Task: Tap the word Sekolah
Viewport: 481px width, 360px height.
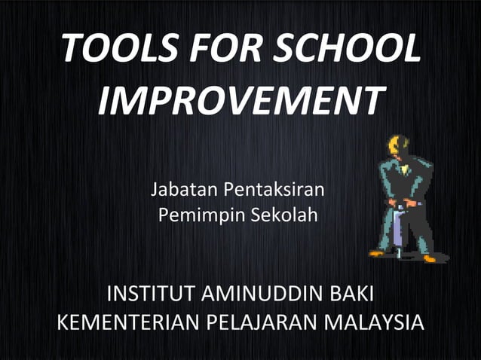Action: tap(288, 215)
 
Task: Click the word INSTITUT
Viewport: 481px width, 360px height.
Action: tap(149, 293)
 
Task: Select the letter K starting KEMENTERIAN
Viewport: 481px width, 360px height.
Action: tap(63, 323)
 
